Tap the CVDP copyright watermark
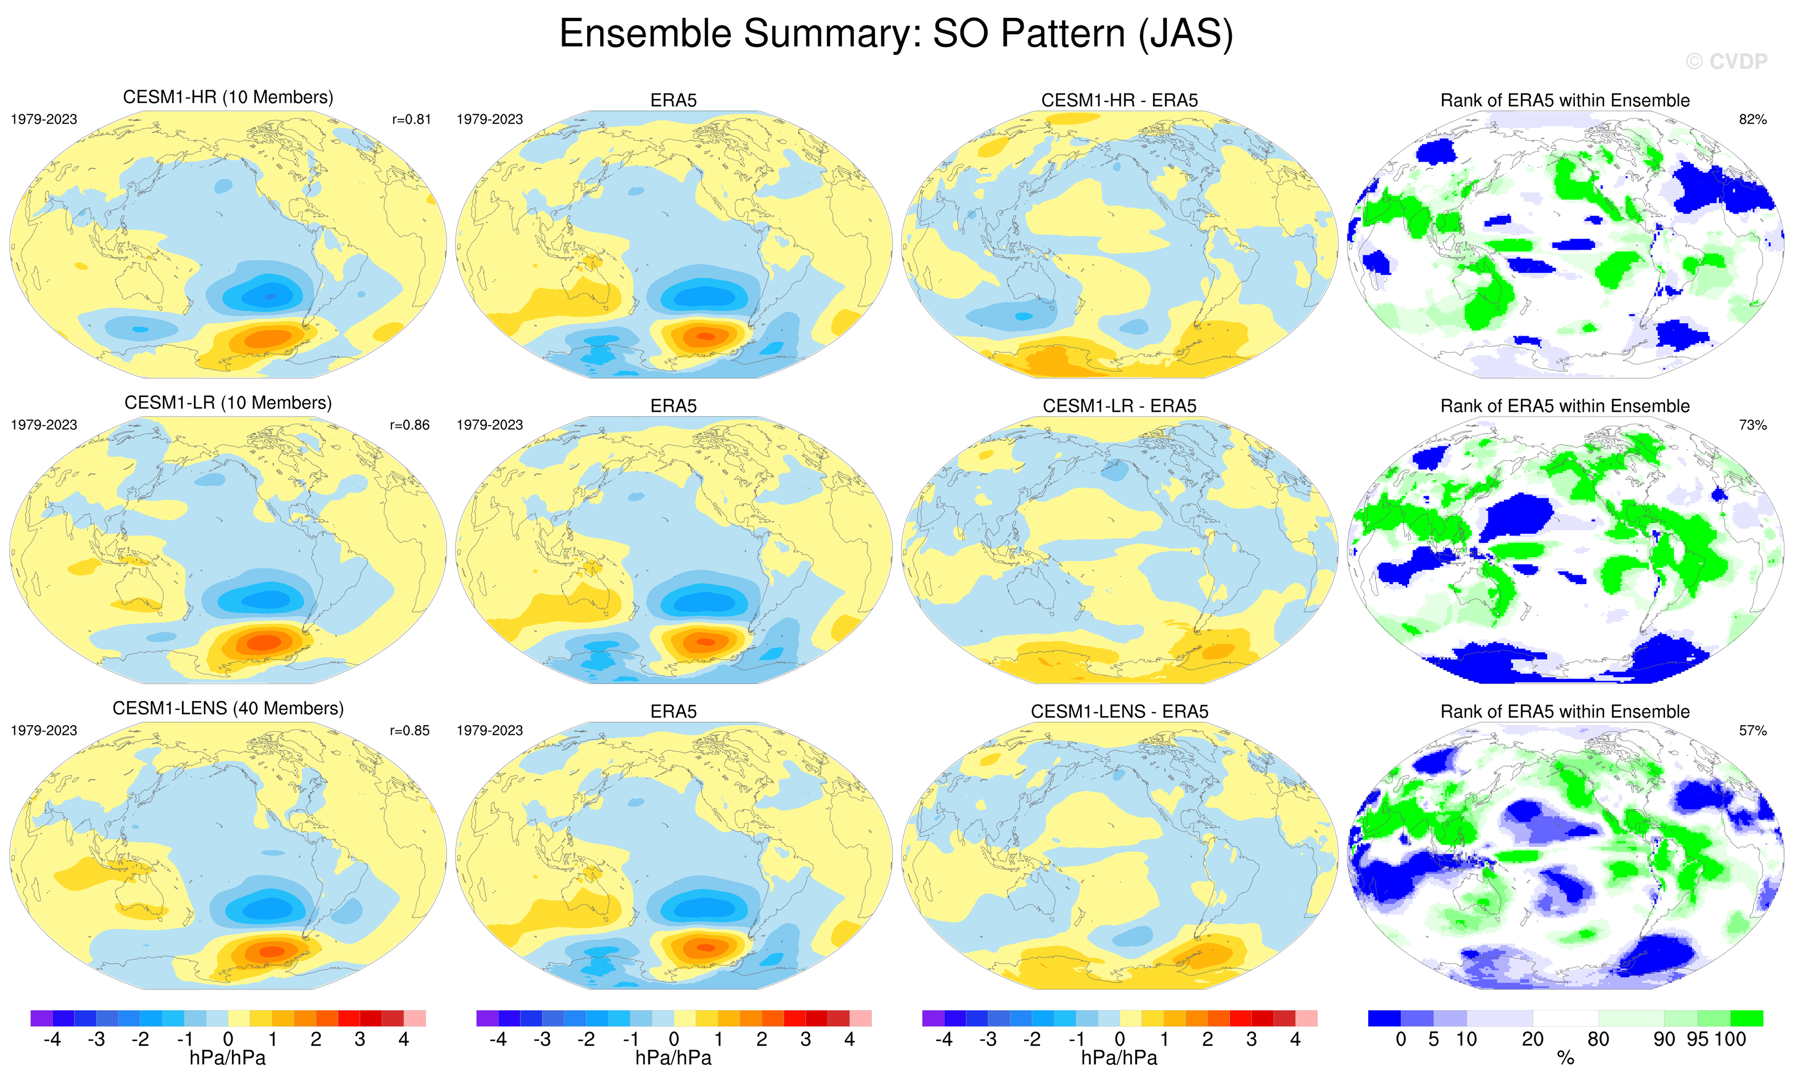tap(1726, 62)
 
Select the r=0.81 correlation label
tap(411, 119)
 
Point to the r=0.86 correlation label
tap(410, 424)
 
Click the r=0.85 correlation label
tap(410, 730)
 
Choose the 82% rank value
tap(1752, 119)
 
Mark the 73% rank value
tap(1752, 424)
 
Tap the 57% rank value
tap(1752, 730)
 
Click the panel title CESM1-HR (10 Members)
tap(228, 98)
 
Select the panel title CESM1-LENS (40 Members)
tap(228, 708)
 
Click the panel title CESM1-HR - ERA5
tap(1119, 100)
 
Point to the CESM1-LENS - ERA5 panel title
tap(1119, 711)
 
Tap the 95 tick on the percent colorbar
tap(1698, 1039)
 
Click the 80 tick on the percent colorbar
tap(1598, 1039)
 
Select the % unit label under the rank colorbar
tap(1565, 1059)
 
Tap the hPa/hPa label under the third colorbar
tap(1119, 1058)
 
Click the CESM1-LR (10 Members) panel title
tap(228, 403)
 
